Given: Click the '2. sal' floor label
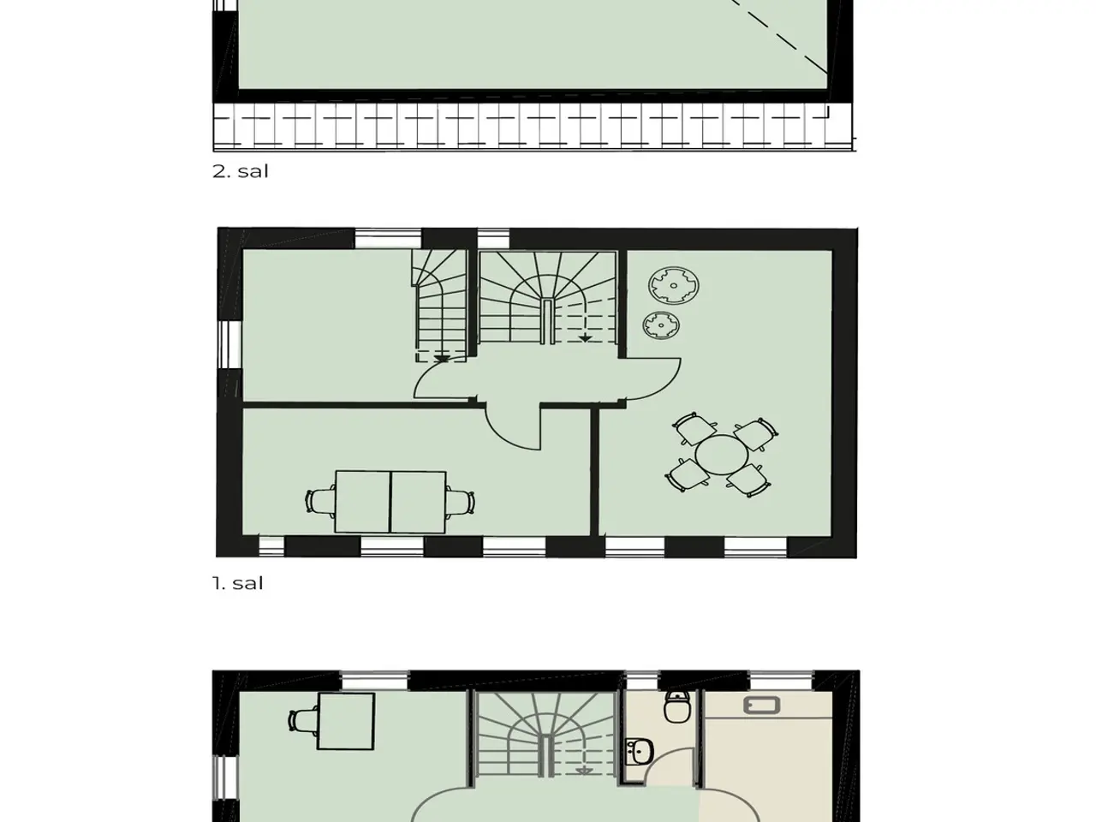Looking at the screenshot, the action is [240, 171].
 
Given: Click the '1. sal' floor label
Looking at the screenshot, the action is [238, 583].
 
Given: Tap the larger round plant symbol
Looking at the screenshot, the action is [674, 285].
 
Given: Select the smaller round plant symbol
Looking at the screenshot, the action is [661, 325].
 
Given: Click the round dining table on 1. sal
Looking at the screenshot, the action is [721, 455].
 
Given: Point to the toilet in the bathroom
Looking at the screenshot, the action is [677, 706].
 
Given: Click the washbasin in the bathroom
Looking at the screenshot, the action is [640, 752].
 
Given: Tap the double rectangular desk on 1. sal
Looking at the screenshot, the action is [390, 502].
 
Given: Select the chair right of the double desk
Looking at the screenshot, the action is [460, 501].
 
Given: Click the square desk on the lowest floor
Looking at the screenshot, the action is [346, 721].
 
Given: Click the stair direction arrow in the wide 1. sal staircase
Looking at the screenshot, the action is [585, 338].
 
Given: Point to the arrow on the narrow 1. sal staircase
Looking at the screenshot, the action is [441, 359].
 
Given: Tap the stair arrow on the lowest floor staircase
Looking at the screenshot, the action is [584, 771].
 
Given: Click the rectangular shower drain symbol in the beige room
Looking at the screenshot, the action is [762, 706].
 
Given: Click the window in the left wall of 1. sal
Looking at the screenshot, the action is [229, 344].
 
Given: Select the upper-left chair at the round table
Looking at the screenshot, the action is [694, 428].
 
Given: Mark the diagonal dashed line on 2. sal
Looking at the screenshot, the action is [779, 37].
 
